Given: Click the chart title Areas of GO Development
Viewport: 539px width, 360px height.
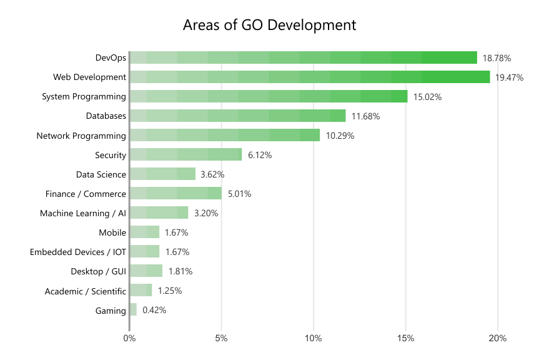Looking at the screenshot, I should click(x=269, y=26).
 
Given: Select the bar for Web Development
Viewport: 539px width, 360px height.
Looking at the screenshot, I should click(x=310, y=77).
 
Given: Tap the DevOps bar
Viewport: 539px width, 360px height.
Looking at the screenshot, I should click(x=304, y=57).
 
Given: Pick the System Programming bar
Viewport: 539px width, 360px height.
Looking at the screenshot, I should click(x=269, y=96).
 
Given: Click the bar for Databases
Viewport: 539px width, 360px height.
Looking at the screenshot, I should click(x=237, y=116).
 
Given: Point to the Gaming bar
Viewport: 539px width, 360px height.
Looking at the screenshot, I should click(x=133, y=309).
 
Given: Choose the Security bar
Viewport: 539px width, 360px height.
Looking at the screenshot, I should click(x=185, y=154).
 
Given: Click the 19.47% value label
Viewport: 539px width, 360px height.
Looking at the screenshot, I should click(x=508, y=77).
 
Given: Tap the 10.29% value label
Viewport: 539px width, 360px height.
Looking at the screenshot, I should click(x=340, y=136).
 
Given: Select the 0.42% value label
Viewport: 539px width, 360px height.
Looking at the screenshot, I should click(x=154, y=310).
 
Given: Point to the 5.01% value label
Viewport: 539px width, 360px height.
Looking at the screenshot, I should click(x=239, y=194).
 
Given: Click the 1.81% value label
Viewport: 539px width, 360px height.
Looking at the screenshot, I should click(x=180, y=271).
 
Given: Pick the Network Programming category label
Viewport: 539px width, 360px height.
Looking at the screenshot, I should click(x=81, y=136).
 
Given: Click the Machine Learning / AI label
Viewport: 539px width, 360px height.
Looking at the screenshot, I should click(x=83, y=213).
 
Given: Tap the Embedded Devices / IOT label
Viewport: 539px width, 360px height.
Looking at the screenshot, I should click(x=78, y=252).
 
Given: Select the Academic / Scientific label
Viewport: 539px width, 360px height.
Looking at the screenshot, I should click(x=86, y=291).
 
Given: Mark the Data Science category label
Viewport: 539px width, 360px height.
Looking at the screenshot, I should click(x=101, y=174).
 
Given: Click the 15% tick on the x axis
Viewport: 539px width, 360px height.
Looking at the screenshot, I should click(x=406, y=339).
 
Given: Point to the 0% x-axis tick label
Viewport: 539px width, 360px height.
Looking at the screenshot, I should click(x=129, y=339).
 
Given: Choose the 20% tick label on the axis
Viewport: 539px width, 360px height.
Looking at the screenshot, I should click(x=498, y=339).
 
